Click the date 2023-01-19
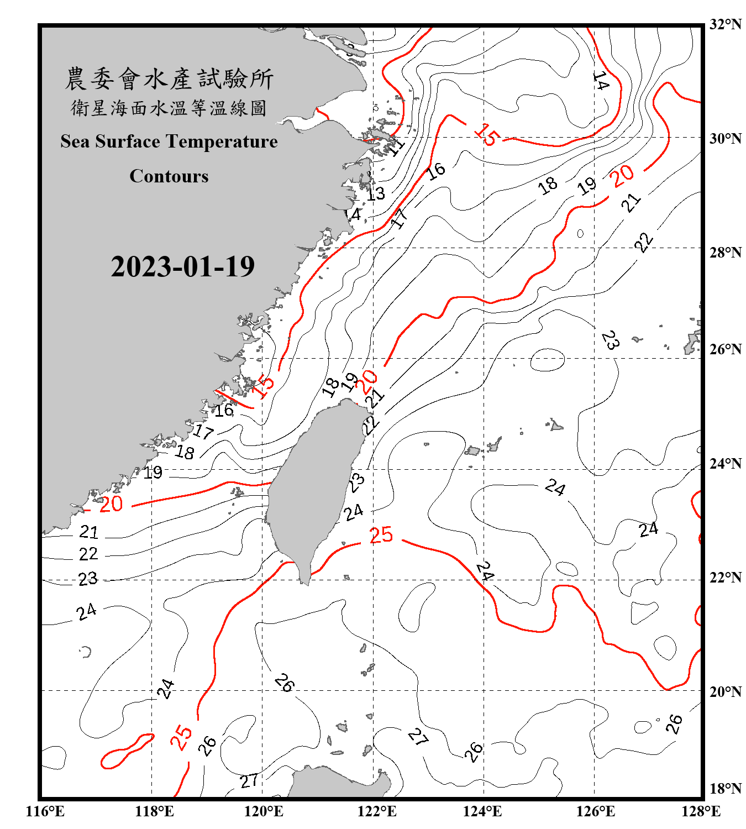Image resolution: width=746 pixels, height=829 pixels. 182,267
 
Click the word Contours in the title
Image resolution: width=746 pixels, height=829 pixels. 169,176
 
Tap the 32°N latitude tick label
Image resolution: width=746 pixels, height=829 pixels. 725,24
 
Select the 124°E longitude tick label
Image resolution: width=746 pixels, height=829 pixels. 482,811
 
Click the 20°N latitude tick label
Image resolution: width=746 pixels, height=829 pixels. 725,691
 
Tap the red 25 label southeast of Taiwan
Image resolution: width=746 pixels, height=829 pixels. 381,535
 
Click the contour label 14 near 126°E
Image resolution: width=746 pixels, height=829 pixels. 601,81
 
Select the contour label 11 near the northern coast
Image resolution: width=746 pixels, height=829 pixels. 396,146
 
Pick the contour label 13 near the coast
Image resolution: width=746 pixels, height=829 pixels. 376,194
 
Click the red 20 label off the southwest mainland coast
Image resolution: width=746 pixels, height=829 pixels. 111,504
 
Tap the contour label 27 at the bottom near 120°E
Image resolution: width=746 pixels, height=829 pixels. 249,781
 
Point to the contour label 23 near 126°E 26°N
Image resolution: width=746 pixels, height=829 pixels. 610,340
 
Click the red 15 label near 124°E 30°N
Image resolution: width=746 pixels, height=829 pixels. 487,134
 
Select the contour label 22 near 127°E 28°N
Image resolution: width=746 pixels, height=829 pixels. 643,242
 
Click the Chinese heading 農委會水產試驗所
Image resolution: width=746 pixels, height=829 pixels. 169,79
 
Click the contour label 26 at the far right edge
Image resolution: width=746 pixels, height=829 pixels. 674,723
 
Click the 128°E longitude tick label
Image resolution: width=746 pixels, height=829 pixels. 700,811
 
